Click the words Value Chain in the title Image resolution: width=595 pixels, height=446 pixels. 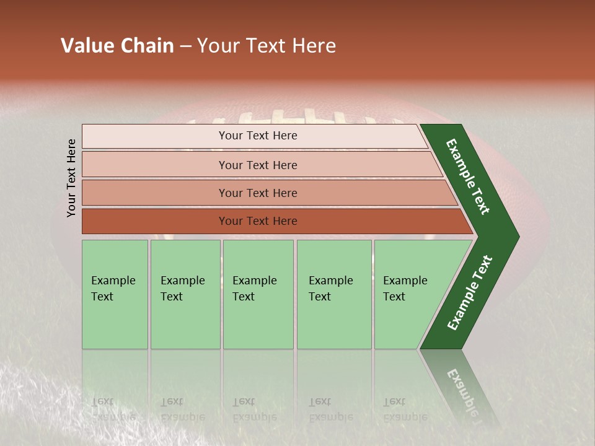pos(117,46)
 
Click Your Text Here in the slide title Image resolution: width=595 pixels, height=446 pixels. pos(267,46)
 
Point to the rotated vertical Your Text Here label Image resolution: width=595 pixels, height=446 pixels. pos(71,178)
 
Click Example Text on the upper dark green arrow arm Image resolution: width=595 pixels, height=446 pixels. pos(468,177)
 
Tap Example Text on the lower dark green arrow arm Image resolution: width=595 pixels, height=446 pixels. pos(469,293)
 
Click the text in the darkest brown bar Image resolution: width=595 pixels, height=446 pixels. pos(258,221)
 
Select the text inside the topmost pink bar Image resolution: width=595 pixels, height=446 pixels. pos(258,136)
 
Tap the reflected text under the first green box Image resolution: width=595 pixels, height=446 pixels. pos(113,409)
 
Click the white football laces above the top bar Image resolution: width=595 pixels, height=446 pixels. pos(279,118)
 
